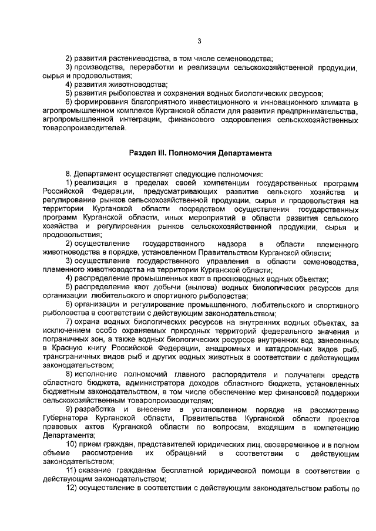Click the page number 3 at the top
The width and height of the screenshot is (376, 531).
pyautogui.click(x=199, y=40)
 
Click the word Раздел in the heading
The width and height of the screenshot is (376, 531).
pyautogui.click(x=142, y=153)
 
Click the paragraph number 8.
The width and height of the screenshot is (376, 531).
pyautogui.click(x=69, y=174)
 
